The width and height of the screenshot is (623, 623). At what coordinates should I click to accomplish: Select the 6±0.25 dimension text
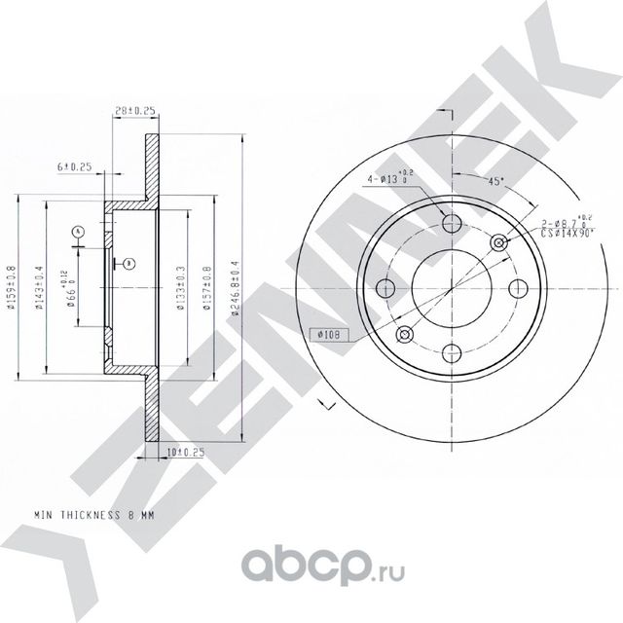(x=75, y=167)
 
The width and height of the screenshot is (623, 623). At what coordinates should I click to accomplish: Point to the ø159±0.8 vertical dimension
(x=11, y=290)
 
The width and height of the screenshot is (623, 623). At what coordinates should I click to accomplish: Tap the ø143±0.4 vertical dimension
(x=38, y=290)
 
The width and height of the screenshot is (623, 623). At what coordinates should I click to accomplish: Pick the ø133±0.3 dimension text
(x=179, y=289)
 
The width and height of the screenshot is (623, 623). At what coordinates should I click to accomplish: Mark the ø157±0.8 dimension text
(x=205, y=289)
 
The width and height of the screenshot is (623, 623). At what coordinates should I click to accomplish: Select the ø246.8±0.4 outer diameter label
(x=234, y=289)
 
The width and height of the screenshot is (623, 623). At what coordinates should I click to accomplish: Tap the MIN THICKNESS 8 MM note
(x=95, y=512)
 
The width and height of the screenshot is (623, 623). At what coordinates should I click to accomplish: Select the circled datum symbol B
(x=128, y=263)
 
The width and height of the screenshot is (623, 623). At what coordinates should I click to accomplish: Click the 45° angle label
(x=496, y=180)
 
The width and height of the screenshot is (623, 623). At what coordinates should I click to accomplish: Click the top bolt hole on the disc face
(x=450, y=224)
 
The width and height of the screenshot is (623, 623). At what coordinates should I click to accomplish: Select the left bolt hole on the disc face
(x=385, y=288)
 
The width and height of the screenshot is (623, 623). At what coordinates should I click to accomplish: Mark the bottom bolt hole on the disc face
(x=450, y=353)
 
